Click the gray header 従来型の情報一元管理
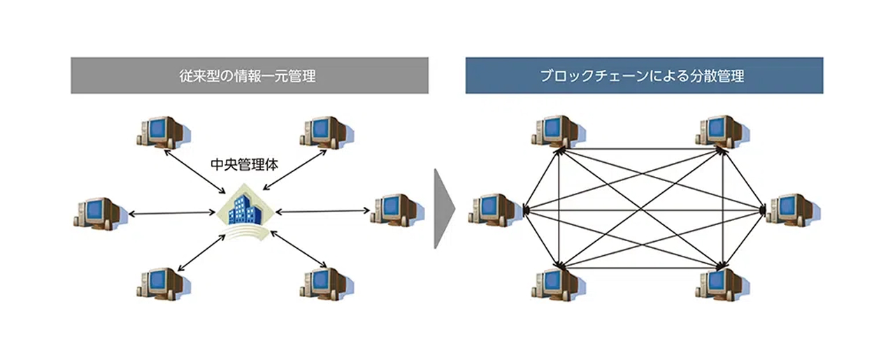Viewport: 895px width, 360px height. pos(249,75)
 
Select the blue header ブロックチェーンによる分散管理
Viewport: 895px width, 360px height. pos(644,75)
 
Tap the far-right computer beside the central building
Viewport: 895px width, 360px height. pos(396,210)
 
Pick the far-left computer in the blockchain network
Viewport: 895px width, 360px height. pos(496,210)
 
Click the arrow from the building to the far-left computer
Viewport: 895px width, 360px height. pos(171,213)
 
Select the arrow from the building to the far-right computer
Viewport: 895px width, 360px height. pos(323,210)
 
